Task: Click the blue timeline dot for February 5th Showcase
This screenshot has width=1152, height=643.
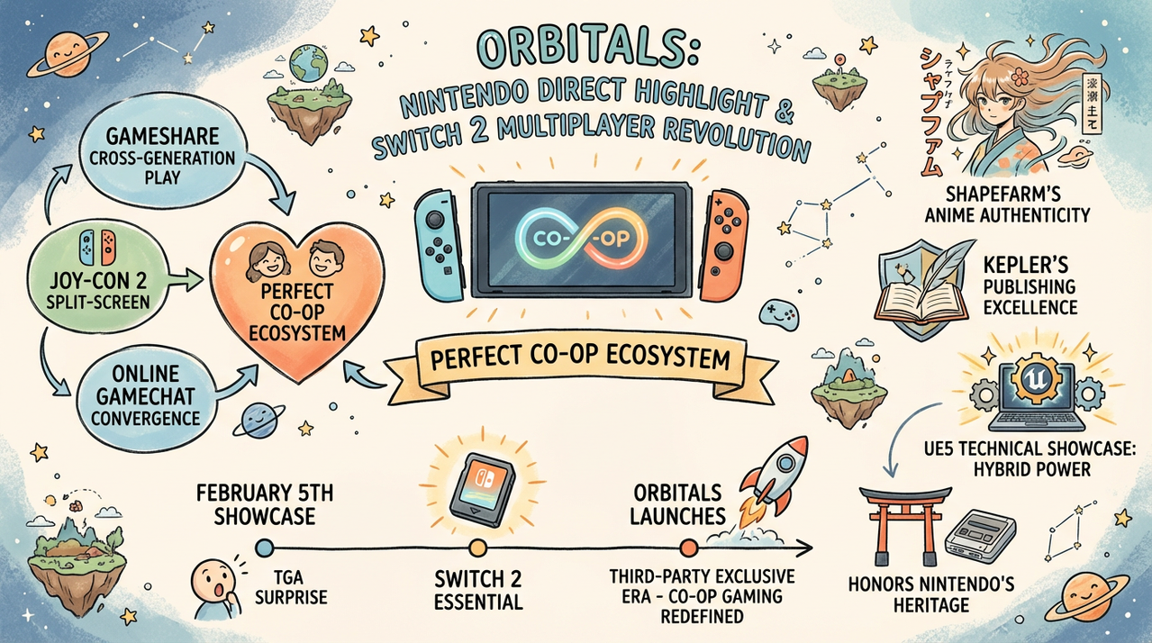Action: tap(264, 546)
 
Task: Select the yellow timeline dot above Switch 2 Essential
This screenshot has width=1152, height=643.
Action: tap(478, 546)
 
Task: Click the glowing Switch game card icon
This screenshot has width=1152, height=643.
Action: tap(480, 491)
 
